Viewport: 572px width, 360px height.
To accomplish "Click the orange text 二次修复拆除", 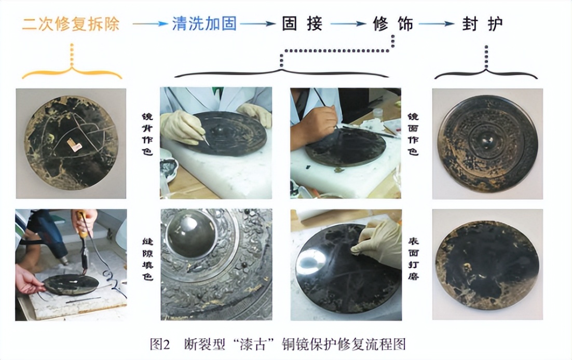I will tap(71, 24).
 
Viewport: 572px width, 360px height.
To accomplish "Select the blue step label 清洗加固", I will tap(205, 24).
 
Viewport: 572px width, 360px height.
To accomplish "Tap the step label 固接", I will tap(302, 24).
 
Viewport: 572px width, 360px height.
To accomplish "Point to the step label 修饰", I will tap(392, 24).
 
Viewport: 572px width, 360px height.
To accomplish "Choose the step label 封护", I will tap(483, 24).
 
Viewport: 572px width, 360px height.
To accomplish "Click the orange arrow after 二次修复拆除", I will tap(149, 24).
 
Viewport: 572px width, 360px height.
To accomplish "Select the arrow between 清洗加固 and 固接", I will tap(257, 24).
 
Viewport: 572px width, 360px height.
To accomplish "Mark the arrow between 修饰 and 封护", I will tap(437, 24).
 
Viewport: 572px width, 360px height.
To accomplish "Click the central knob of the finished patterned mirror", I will tap(487, 137).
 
